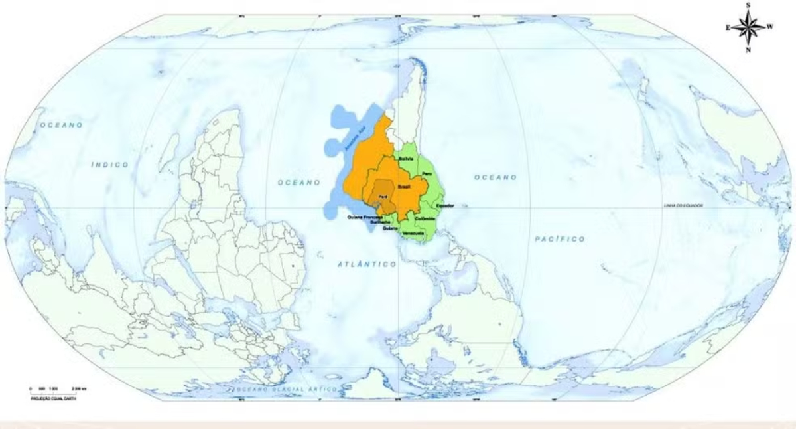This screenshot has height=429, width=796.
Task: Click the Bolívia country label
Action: click(x=406, y=159)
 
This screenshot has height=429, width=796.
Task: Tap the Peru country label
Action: click(x=427, y=174)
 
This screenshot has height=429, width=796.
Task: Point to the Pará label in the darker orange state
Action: click(x=383, y=197)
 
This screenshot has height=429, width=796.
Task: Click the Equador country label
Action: click(x=444, y=206)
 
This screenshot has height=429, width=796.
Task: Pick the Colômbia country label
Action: click(x=425, y=218)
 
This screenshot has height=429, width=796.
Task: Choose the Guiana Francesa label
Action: click(x=365, y=217)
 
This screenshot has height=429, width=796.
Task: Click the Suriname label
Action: click(x=380, y=223)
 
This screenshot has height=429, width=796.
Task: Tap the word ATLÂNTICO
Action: click(x=367, y=264)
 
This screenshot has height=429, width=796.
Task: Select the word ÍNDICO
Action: click(x=110, y=164)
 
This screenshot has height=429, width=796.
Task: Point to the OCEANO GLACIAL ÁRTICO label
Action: click(x=285, y=388)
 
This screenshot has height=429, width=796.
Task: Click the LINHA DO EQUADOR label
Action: click(x=683, y=206)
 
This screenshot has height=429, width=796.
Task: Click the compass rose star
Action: click(x=748, y=27)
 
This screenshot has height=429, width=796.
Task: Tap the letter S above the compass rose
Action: click(x=748, y=5)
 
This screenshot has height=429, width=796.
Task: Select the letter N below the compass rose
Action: click(x=748, y=50)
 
